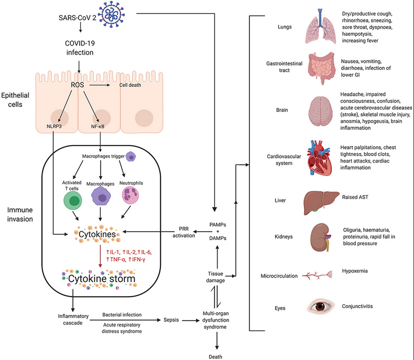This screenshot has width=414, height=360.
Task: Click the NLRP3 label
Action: pos(53,126)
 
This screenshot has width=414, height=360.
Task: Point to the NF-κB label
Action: pos(101,126)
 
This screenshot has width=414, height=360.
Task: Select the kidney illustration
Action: pos(320,237)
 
